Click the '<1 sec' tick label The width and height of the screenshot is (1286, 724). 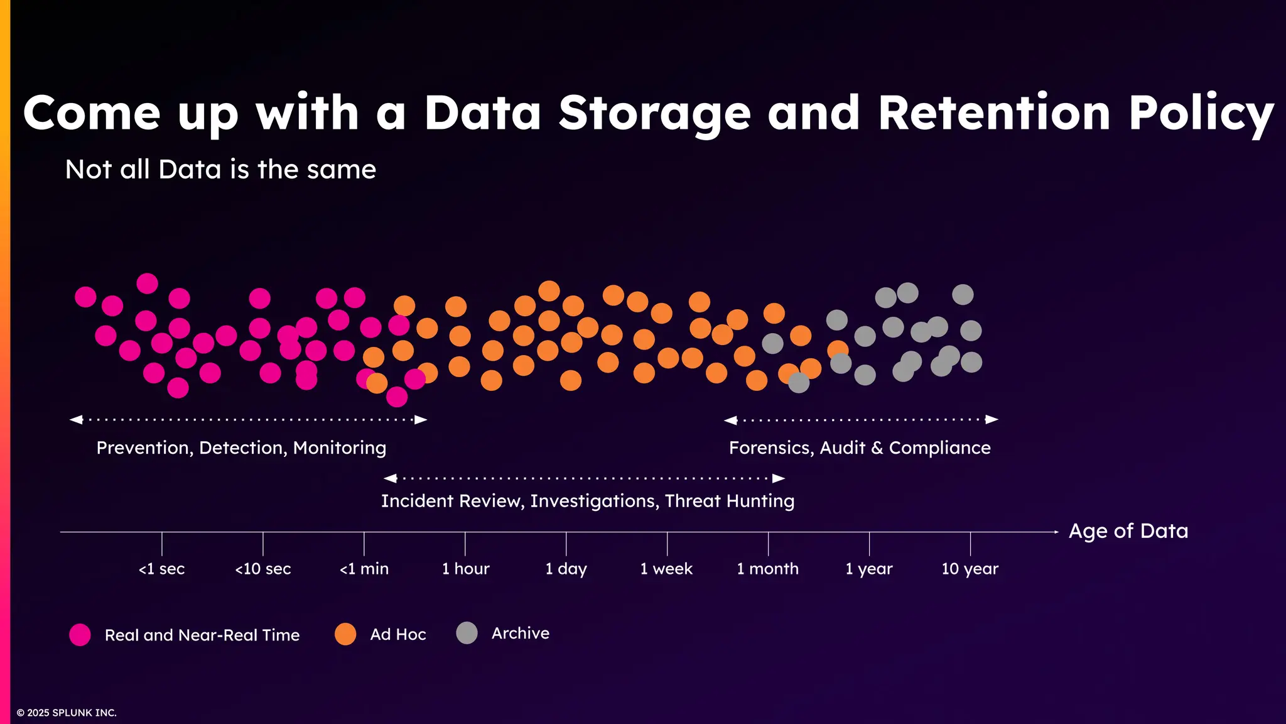pos(161,569)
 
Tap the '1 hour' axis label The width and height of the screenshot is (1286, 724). pos(465,569)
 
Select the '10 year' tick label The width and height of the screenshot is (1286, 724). pos(970,569)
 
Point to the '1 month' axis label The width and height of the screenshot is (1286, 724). pos(767,569)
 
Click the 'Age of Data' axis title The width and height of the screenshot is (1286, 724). pos(1128,531)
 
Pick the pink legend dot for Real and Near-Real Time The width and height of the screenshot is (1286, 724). pos(80,635)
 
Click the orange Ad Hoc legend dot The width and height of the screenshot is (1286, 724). pos(345,634)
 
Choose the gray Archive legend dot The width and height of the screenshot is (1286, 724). pos(467,633)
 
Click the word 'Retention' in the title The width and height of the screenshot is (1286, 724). pos(994,113)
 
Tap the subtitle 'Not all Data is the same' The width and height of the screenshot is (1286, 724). pos(220,170)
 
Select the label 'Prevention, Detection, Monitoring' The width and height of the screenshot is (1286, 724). pos(241,448)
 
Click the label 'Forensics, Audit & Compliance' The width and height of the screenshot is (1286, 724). pos(860,448)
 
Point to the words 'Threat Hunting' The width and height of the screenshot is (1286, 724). pos(730,501)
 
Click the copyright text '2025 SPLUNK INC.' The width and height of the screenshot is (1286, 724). pos(71,713)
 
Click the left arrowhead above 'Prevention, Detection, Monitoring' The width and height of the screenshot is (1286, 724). pos(76,419)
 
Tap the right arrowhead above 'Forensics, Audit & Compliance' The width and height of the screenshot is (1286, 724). pos(992,419)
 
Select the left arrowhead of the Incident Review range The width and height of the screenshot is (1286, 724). pos(390,478)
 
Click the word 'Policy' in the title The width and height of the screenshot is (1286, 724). pos(1201,113)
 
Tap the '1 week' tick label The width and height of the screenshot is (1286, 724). pos(666,569)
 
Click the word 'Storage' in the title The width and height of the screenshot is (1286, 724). pos(654,113)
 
